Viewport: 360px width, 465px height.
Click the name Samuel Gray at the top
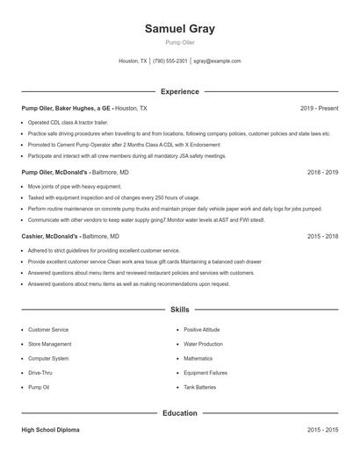[179, 29]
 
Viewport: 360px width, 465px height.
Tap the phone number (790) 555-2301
[170, 61]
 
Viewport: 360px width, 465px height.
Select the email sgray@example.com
[217, 61]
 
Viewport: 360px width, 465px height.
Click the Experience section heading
[179, 91]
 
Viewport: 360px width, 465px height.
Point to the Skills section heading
[179, 310]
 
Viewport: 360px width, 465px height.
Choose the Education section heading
[179, 412]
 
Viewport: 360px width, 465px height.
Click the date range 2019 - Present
[319, 108]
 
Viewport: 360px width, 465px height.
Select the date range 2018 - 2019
[322, 173]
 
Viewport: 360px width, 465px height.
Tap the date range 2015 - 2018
[322, 237]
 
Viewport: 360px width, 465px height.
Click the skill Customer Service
[48, 330]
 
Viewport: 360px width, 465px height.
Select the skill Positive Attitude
[202, 330]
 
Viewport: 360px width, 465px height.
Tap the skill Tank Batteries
[200, 387]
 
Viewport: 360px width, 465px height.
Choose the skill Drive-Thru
[40, 373]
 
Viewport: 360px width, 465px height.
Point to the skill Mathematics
[198, 359]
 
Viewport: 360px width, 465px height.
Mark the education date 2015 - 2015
[322, 430]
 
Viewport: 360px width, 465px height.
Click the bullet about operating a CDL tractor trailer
[68, 123]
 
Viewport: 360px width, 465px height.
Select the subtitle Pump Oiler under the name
[179, 42]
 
